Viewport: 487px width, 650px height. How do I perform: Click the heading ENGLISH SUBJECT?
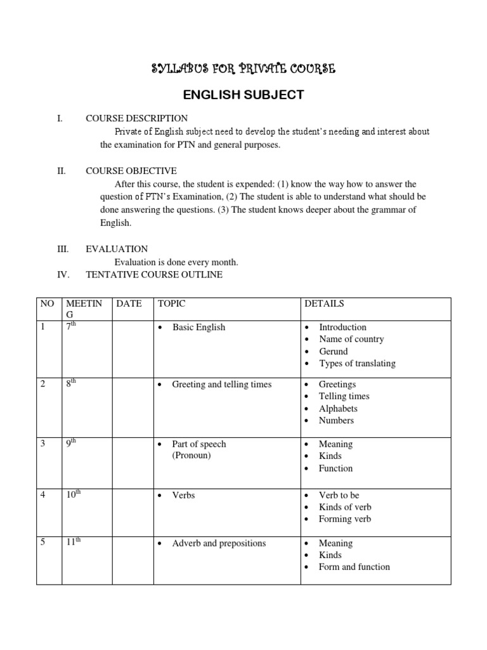243,95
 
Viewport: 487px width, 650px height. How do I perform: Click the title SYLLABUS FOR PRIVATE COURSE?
243,69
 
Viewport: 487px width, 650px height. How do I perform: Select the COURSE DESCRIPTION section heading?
136,118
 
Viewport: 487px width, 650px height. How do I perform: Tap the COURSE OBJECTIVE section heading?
131,171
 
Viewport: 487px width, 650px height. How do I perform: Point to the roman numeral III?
63,249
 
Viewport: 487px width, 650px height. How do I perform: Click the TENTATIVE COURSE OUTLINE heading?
154,275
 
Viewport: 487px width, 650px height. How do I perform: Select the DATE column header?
129,304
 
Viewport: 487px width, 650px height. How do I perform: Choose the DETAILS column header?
324,304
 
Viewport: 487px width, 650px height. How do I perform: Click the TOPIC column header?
171,304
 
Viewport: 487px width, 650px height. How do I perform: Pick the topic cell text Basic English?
198,328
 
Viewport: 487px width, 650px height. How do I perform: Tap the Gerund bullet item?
333,351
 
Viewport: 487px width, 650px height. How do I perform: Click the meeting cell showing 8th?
71,384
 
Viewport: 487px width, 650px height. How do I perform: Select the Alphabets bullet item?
338,408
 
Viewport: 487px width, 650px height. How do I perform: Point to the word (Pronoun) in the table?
192,456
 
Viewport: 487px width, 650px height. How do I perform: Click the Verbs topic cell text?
183,495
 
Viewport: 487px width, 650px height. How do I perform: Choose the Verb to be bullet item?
339,495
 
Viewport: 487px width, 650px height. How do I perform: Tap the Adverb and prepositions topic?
219,543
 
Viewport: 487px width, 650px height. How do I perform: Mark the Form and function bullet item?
354,567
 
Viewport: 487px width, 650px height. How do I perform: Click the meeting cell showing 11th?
74,543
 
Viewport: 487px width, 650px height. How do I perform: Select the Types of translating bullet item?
357,363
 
